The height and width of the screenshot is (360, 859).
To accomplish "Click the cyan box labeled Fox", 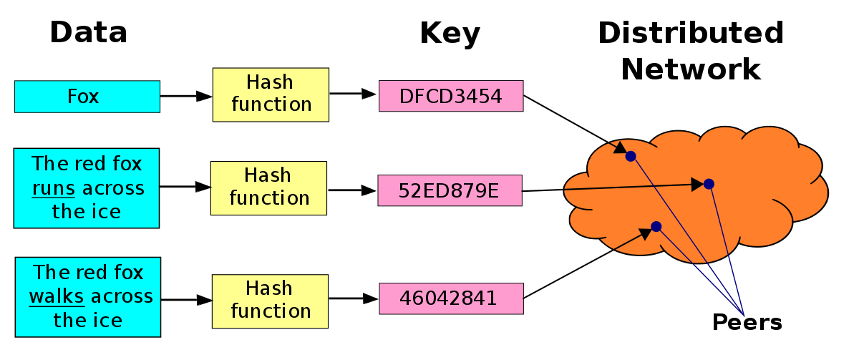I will (x=87, y=97).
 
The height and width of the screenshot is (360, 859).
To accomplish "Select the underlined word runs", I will (x=54, y=188).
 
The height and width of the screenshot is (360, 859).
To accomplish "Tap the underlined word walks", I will (x=57, y=296).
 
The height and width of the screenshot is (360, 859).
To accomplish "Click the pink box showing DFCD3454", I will (x=451, y=96).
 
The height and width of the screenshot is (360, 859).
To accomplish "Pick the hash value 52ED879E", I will (x=450, y=191).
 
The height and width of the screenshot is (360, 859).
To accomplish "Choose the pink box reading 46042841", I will (x=451, y=298).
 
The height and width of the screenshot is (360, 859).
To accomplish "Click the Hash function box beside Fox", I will (x=271, y=94).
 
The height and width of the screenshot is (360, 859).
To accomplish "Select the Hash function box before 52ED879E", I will (x=268, y=188).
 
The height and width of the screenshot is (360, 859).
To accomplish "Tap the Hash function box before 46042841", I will (x=270, y=301).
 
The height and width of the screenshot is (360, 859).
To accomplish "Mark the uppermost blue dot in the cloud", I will (x=630, y=156).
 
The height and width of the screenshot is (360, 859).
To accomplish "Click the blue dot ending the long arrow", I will (x=709, y=184).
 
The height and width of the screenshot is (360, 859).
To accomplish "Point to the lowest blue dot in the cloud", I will (x=656, y=226).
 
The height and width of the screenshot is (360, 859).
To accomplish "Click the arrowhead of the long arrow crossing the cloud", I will (x=697, y=185).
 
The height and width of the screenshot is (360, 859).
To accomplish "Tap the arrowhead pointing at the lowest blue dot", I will (x=645, y=231).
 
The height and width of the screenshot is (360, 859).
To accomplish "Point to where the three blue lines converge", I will (x=744, y=316).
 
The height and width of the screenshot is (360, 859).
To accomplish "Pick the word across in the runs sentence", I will (x=112, y=188).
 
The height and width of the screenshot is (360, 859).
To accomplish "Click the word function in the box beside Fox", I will (x=271, y=104).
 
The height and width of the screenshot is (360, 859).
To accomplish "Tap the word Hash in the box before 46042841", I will (x=269, y=288).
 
